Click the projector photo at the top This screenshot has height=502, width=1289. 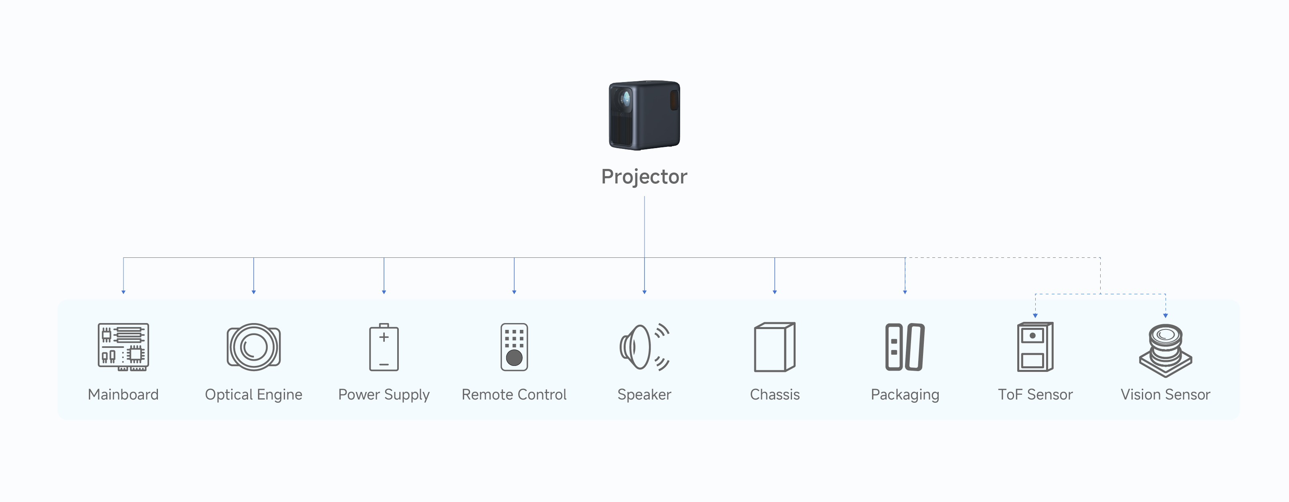(644, 115)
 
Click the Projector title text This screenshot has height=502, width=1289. (644, 177)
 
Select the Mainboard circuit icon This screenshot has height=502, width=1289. (123, 347)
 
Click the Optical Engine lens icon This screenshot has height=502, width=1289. (254, 347)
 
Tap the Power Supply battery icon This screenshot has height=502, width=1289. (384, 347)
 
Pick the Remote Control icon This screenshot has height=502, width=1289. (514, 347)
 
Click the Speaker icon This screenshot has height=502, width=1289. (644, 347)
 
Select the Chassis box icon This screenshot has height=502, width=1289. (775, 347)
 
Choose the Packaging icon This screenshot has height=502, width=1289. (905, 347)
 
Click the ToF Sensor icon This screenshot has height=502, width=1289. (1035, 347)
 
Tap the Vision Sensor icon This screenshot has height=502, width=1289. (1166, 350)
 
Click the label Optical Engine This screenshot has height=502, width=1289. (254, 394)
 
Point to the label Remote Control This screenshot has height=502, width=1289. (514, 394)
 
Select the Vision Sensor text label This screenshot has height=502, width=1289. (1166, 394)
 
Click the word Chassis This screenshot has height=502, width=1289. (775, 394)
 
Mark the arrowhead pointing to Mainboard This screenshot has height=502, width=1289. (123, 291)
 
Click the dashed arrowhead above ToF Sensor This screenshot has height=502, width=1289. (1035, 315)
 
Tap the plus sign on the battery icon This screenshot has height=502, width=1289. (384, 337)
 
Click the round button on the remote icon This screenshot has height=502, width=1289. (514, 357)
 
